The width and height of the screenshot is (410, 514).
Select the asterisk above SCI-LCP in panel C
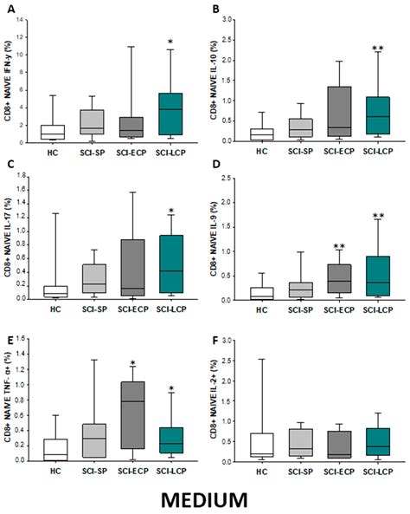pos(172,211)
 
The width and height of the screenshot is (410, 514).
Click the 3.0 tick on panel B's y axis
pos(227,19)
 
